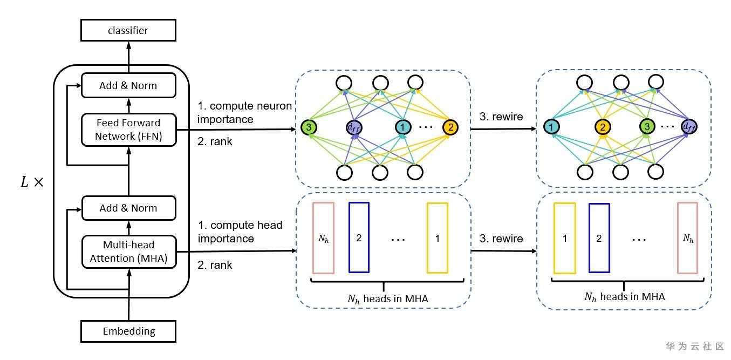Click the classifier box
point(128,31)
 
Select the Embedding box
point(128,331)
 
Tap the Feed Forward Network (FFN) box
point(128,130)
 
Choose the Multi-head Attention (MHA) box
point(128,252)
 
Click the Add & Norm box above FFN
point(128,85)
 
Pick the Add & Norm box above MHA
point(128,208)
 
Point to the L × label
point(31,182)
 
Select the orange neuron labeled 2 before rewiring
point(449,128)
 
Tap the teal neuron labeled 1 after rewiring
point(551,127)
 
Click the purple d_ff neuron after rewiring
point(688,127)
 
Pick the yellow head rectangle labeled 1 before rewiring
point(437,237)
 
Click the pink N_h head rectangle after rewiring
point(688,238)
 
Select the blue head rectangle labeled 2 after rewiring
point(599,238)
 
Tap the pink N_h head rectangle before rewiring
point(324,238)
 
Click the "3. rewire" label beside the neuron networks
point(501,117)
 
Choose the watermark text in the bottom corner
point(695,347)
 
